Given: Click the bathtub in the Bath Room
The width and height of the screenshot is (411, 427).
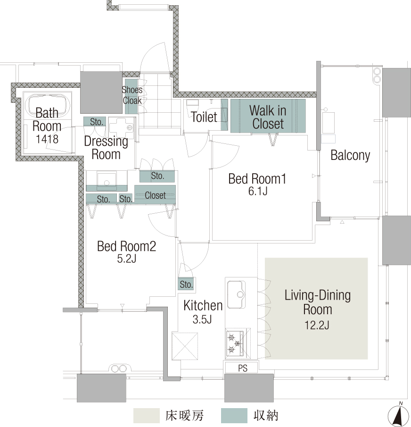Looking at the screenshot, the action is (47, 106).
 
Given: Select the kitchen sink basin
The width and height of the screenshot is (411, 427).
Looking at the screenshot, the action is (236, 294).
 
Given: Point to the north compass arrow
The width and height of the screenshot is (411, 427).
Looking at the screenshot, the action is (399, 415).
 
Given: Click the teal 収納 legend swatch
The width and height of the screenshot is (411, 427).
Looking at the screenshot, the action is (234, 415).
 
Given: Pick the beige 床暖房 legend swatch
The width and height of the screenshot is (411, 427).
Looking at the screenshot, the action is (146, 415).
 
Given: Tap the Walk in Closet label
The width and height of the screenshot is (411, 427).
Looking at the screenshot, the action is (268, 117).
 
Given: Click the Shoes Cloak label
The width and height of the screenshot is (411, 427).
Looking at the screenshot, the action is (132, 95).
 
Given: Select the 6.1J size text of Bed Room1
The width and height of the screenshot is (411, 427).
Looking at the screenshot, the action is (258, 191).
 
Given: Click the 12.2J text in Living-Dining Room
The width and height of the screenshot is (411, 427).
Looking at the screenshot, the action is (317, 325).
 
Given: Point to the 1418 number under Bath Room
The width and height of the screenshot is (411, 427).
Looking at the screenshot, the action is (47, 139).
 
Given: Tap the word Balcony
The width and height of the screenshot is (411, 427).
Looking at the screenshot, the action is (350, 155).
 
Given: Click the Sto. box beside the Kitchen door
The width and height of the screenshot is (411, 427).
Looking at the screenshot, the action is (186, 285).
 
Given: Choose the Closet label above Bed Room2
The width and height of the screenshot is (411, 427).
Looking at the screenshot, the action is (155, 195).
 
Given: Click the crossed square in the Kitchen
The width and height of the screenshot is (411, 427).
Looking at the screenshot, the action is (185, 346).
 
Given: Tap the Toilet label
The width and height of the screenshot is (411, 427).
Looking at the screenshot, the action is (204, 117).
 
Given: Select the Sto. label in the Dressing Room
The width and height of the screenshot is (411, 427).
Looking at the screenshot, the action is (96, 122).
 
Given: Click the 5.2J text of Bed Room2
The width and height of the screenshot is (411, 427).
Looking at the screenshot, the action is (126, 259).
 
